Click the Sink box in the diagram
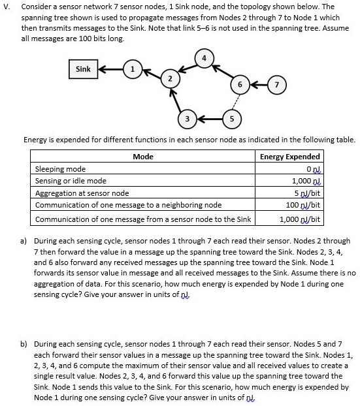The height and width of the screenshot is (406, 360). (84, 69)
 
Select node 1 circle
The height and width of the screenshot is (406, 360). (133, 69)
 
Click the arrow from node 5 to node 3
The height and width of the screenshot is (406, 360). (210, 119)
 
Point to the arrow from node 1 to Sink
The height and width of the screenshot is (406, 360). (111, 69)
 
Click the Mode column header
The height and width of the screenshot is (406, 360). (142, 157)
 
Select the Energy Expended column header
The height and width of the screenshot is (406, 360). (289, 157)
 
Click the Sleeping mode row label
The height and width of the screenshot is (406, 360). (60, 169)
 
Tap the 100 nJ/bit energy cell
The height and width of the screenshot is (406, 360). (302, 205)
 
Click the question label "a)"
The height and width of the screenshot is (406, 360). (24, 241)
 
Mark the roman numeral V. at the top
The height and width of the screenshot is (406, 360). (6, 7)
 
